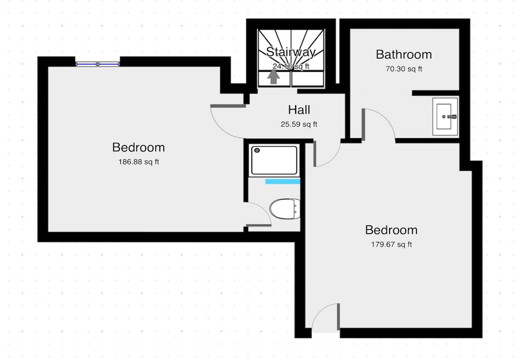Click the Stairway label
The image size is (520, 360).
[291, 52]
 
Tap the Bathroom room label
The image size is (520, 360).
[404, 54]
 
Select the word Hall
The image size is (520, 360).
[299, 110]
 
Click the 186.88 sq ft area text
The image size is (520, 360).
[138, 162]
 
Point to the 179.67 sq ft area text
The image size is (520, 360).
[391, 244]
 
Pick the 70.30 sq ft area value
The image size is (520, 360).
[404, 69]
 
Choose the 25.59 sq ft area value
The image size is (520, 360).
[299, 124]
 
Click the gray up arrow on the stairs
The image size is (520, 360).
[274, 77]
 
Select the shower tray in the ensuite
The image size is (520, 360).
[274, 160]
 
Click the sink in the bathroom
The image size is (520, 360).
[445, 116]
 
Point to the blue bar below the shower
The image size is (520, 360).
[283, 182]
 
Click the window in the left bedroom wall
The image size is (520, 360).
[98, 64]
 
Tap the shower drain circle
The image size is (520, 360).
[257, 150]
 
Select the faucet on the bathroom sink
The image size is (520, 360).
[452, 117]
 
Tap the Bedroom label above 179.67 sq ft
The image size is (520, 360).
[391, 230]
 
